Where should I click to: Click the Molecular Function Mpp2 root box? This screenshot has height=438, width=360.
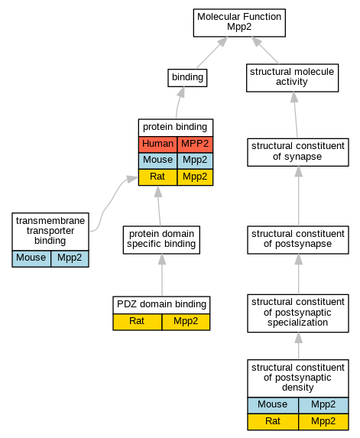tap(239, 23)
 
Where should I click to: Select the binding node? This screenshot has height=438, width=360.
tap(187, 78)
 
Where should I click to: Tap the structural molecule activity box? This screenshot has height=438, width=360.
tap(292, 78)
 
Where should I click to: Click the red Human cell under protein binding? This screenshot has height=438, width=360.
tap(157, 144)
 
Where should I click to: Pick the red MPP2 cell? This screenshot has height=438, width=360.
tap(195, 144)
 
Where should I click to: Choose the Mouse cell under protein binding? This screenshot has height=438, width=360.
tap(157, 161)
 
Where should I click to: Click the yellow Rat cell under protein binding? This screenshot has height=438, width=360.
tap(157, 177)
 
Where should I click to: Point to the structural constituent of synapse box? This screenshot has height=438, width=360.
tap(298, 152)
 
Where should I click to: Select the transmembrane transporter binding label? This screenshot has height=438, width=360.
tap(50, 231)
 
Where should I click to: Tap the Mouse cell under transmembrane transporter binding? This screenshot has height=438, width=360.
tap(31, 258)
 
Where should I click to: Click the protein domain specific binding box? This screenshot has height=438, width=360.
tap(161, 240)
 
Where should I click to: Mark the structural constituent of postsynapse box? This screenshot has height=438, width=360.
tap(298, 240)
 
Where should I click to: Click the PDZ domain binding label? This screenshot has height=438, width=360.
tap(161, 304)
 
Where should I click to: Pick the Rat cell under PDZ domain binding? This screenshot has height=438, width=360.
tap(137, 322)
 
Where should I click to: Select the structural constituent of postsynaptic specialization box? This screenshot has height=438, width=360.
tap(298, 313)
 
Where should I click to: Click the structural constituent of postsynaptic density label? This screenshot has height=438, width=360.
tap(298, 378)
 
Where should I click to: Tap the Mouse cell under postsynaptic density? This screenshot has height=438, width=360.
tap(273, 405)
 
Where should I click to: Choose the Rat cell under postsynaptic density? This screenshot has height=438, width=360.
tap(273, 422)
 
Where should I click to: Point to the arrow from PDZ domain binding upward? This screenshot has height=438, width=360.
tap(162, 275)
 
